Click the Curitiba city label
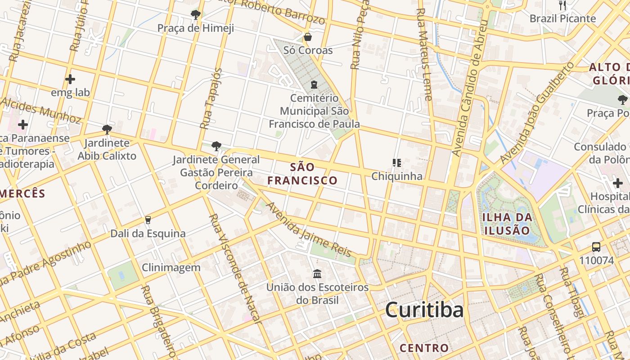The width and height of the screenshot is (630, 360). pos(424,310)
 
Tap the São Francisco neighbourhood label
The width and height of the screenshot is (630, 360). pos(302,174)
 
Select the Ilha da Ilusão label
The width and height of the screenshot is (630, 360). pos(507,224)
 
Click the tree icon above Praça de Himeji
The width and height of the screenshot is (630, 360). pos(195,15)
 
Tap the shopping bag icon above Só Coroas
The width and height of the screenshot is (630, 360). pos(308,37)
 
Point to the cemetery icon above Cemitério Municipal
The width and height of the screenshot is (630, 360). pos(314,84)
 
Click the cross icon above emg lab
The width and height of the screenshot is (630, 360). pos(70,80)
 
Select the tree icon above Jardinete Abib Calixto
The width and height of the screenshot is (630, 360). pos(107,130)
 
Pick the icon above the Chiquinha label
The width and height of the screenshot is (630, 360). pos(396,162)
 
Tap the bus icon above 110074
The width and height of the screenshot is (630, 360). pos(596,247)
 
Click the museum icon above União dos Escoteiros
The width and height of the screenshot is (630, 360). pos(317,274)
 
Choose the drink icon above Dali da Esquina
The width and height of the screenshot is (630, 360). pos(148,220)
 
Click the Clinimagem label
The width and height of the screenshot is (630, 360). pos(171,268)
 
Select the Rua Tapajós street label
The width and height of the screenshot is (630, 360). pos(211,98)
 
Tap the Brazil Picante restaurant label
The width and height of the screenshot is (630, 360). pos(562,18)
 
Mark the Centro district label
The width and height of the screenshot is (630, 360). pos(424,348)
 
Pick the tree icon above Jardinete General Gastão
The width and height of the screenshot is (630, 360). pos(216,146)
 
